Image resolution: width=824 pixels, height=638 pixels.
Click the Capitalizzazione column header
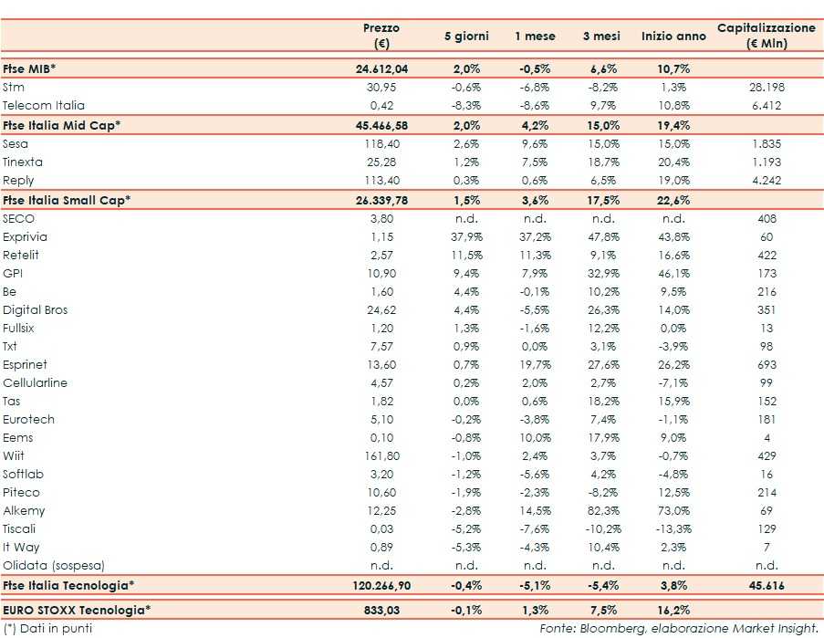[x=767, y=36]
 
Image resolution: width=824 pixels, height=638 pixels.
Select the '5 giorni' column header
[x=466, y=37]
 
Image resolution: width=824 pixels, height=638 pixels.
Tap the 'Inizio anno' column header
[x=673, y=37]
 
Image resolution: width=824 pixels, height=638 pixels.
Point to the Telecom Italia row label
[x=43, y=106]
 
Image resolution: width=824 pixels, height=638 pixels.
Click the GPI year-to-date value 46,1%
[x=673, y=274]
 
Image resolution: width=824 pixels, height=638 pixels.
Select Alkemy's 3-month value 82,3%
[x=601, y=511]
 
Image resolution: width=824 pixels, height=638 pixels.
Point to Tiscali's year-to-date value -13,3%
[x=673, y=529]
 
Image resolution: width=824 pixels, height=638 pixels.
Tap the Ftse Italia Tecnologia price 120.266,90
[x=381, y=585]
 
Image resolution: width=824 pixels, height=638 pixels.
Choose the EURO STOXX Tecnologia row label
[x=77, y=609]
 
